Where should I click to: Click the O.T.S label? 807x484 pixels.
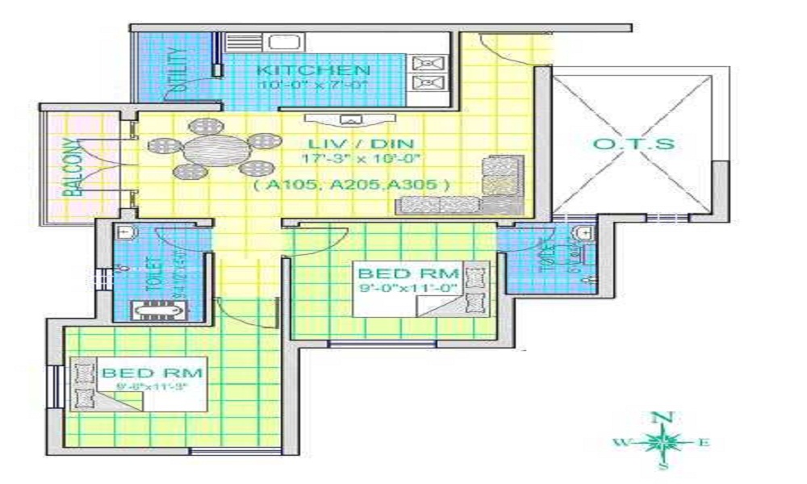[633, 145]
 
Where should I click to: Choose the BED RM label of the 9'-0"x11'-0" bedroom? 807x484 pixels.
[408, 272]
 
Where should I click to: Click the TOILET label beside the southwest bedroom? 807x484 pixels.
[152, 275]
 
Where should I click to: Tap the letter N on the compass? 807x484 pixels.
[662, 418]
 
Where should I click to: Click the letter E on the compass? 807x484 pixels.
[703, 442]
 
